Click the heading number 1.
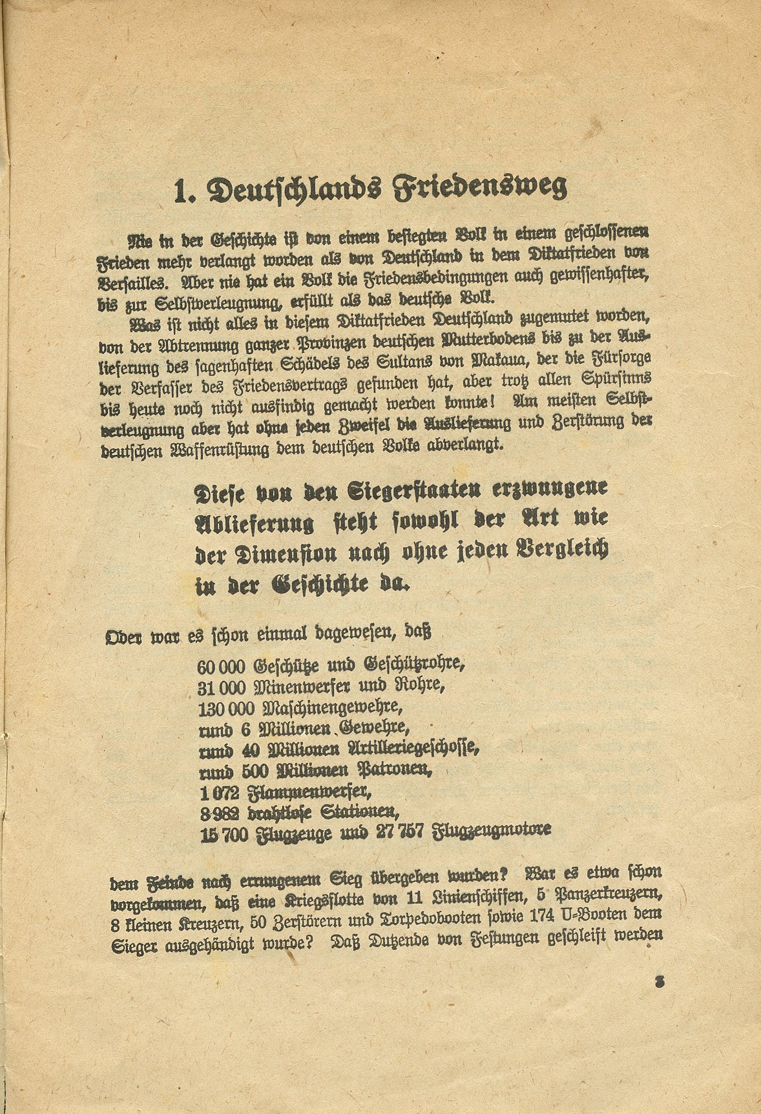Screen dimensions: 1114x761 pyautogui.click(x=183, y=192)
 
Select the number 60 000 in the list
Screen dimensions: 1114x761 pyautogui.click(x=222, y=665)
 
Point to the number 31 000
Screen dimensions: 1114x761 pyautogui.click(x=222, y=687)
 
